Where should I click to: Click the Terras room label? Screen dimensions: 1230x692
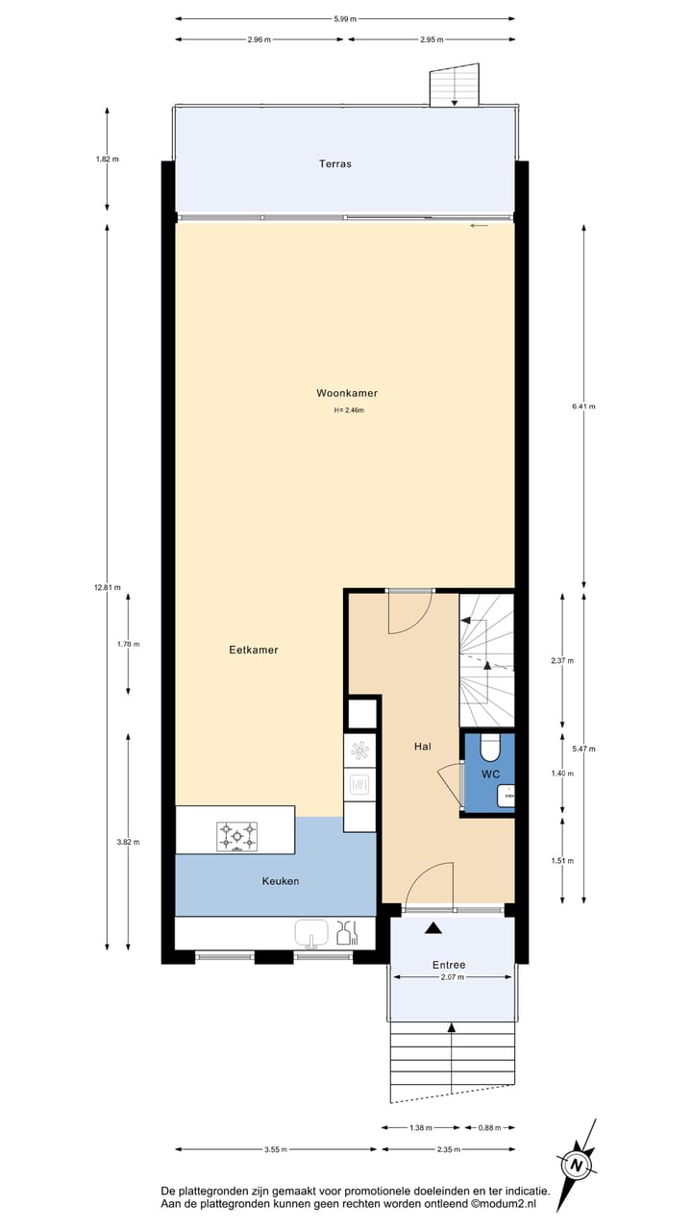[335, 164]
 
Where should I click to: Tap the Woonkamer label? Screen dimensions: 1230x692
[347, 393]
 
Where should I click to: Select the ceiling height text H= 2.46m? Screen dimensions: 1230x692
[349, 410]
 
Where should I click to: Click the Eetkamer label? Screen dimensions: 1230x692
[254, 650]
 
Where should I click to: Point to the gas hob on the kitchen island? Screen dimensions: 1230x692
[237, 835]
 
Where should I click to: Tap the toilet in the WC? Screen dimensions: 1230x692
[490, 748]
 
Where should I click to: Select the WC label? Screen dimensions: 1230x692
[490, 774]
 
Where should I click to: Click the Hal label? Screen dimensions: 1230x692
[423, 747]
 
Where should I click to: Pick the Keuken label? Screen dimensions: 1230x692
[281, 881]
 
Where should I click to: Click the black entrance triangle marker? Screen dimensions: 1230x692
[433, 928]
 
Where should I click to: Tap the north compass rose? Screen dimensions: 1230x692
[577, 1165]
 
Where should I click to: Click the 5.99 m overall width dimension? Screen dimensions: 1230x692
[344, 18]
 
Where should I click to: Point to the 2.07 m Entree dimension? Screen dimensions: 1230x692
[452, 977]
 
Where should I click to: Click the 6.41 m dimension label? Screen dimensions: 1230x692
[583, 406]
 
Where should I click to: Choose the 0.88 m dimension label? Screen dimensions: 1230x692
[489, 1127]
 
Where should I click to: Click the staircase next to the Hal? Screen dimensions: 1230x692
[486, 659]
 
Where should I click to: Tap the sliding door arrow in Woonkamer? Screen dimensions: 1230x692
[480, 226]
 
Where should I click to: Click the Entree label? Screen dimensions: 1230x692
[449, 965]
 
